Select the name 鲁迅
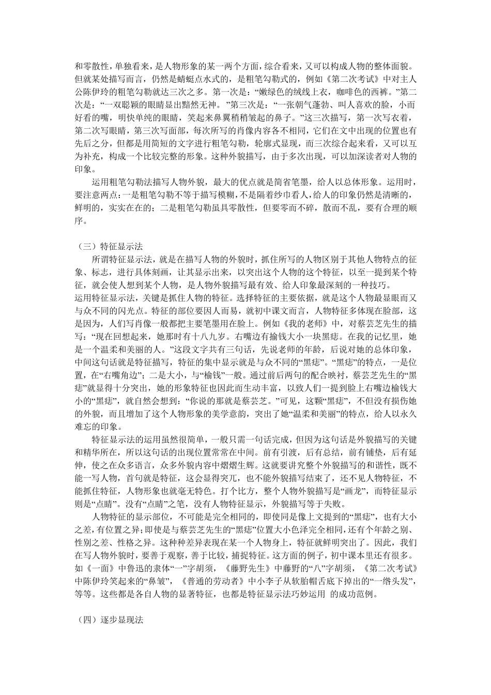pos(129,568)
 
